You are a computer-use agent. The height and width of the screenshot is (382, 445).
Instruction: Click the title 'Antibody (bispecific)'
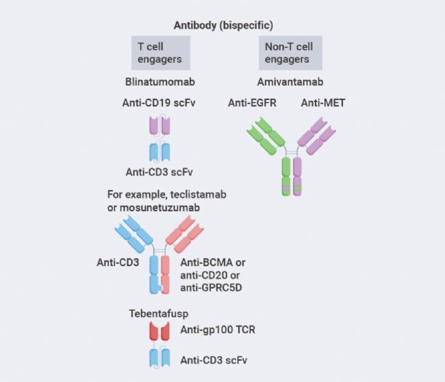point(223,25)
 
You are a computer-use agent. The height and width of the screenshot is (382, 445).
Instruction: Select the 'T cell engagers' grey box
point(160,53)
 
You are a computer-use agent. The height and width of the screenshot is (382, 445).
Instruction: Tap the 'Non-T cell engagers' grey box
point(290,53)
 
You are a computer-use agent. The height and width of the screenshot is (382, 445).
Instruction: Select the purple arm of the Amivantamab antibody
point(315,134)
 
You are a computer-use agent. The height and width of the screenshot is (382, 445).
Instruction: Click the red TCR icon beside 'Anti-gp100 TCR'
point(160,332)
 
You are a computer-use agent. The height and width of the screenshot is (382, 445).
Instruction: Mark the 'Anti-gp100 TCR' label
point(218,331)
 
